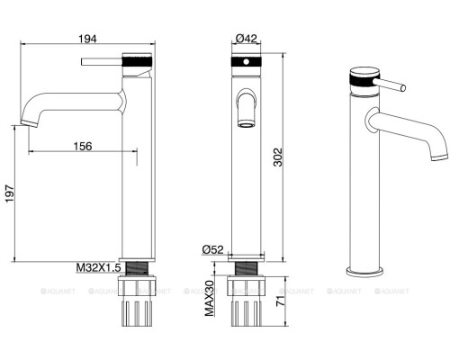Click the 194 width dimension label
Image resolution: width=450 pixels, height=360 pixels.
[87, 39]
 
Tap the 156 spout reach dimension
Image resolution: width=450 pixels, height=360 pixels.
[83, 146]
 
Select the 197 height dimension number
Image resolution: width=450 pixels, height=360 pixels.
[10, 193]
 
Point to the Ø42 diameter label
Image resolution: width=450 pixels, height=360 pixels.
[247, 39]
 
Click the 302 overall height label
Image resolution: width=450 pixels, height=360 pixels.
[278, 157]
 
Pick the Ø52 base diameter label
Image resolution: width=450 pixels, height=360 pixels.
[212, 249]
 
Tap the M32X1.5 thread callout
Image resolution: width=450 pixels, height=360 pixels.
[98, 267]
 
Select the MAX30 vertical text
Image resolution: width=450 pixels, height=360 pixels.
[210, 299]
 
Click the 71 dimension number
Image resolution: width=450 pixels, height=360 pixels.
[280, 301]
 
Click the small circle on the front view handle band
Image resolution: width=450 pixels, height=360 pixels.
[246, 62]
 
